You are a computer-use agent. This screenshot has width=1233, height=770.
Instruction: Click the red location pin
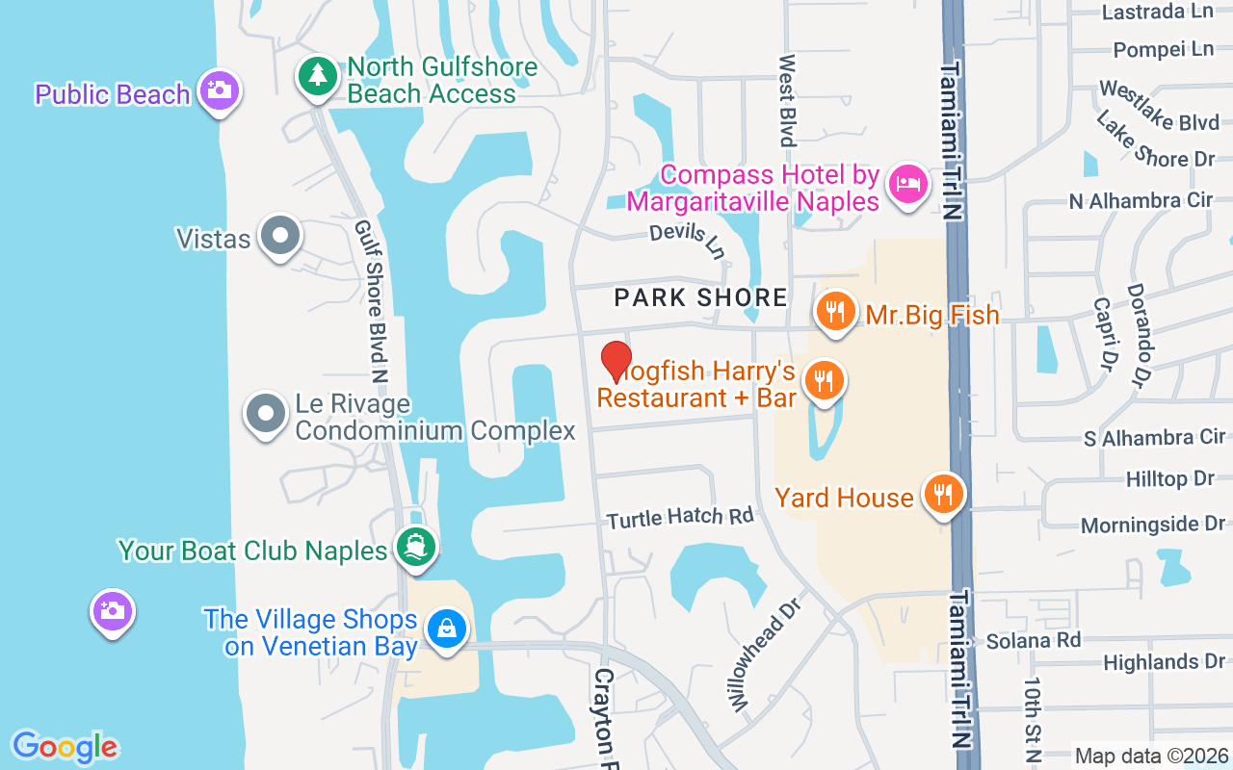[x=616, y=361]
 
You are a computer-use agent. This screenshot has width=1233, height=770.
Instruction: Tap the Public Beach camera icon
[x=219, y=90]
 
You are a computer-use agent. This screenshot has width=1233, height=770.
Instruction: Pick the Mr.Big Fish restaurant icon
[x=836, y=311]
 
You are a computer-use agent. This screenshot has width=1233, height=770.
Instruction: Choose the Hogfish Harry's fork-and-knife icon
[x=824, y=380]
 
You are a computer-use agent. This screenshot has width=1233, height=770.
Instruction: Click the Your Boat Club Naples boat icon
[x=416, y=548]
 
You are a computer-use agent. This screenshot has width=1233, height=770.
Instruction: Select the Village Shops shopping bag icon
[x=446, y=629]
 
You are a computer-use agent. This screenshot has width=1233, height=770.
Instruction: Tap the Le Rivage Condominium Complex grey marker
[x=267, y=414]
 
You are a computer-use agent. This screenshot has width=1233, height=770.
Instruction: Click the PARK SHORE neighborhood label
[x=701, y=297]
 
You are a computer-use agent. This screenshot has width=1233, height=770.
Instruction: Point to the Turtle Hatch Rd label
[x=680, y=518]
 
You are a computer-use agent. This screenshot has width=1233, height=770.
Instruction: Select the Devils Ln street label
[x=687, y=240]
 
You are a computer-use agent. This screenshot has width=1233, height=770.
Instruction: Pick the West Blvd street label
[x=788, y=100]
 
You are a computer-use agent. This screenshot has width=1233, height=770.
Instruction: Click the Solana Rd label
[x=1034, y=640]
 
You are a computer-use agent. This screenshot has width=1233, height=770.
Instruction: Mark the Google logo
[x=65, y=747]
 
